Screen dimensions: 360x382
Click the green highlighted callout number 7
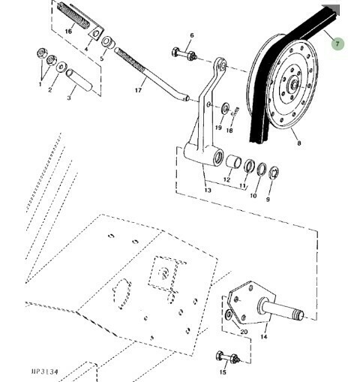[337, 44]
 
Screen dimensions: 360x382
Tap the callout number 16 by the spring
[68, 32]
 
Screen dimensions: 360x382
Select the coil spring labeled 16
[73, 15]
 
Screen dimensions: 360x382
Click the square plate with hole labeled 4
[96, 33]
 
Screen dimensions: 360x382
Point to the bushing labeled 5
[108, 42]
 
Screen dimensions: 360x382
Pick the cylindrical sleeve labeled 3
[79, 80]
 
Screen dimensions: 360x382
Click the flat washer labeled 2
[61, 68]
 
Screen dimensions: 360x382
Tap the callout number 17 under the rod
[138, 90]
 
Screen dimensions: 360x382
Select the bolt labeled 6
[184, 54]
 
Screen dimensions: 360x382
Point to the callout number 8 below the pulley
[299, 143]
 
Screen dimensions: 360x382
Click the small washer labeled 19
[225, 108]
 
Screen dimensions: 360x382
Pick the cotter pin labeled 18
[235, 112]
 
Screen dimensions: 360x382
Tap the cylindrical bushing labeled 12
[233, 161]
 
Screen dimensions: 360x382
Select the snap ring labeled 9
[274, 173]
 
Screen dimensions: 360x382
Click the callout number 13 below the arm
[208, 191]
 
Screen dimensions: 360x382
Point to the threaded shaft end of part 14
[298, 314]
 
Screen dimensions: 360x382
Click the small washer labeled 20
[229, 315]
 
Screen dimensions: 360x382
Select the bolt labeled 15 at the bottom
[227, 357]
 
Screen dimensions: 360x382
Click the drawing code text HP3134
[44, 371]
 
